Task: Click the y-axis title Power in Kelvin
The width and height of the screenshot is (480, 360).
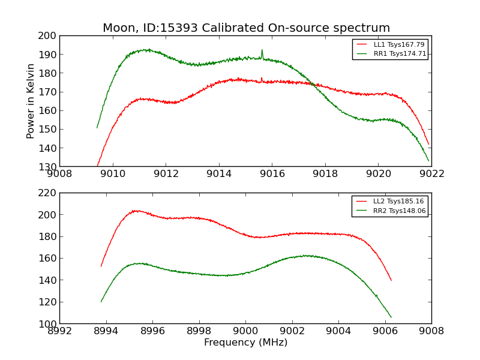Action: coord(31,101)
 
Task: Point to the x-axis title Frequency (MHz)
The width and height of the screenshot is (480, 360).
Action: coord(245,343)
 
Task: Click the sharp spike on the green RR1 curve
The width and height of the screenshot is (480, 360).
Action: coord(262,50)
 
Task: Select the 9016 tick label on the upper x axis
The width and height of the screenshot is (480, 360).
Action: coord(272,174)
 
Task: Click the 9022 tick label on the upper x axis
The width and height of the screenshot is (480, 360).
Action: coord(431,174)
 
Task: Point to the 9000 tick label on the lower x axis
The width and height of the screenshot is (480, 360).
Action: coord(245,331)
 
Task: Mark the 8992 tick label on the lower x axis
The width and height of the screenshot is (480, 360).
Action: coord(59,331)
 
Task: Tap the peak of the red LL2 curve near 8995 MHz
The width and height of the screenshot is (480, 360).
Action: coord(135,211)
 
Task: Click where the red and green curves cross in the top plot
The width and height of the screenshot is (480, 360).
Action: coord(313,84)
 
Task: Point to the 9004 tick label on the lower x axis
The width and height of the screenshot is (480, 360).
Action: coord(338,331)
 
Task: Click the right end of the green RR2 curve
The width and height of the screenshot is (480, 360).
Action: coord(391,317)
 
